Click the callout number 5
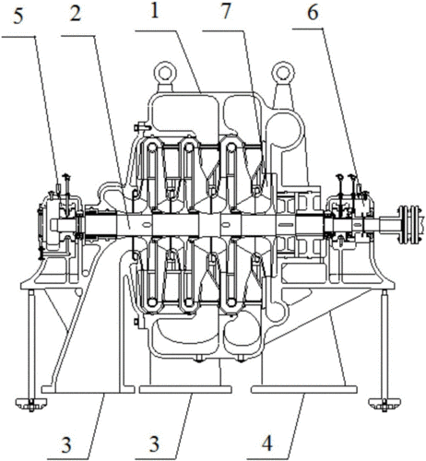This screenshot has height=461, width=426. pyautogui.click(x=18, y=17)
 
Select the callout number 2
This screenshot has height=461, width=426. pyautogui.click(x=76, y=14)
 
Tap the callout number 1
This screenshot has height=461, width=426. pyautogui.click(x=155, y=11)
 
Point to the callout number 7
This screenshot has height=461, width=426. pyautogui.click(x=225, y=12)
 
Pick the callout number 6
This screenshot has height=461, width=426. pyautogui.click(x=313, y=14)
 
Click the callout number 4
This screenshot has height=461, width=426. pyautogui.click(x=267, y=443)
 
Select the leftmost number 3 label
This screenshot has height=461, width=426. pyautogui.click(x=66, y=444)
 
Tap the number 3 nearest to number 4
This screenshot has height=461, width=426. pyautogui.click(x=154, y=443)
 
